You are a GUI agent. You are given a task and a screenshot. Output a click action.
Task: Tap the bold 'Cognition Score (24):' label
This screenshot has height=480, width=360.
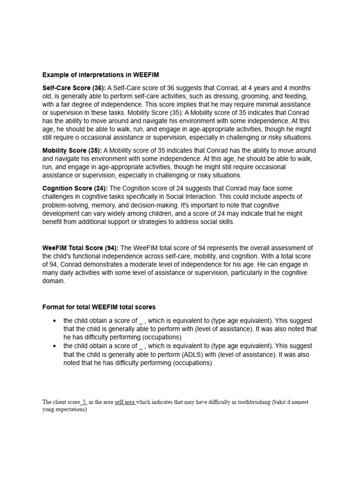75,188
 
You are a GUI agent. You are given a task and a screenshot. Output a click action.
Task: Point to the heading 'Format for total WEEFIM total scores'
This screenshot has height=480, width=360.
99,307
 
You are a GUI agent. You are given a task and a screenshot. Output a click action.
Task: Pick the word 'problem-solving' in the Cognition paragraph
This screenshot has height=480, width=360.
66,205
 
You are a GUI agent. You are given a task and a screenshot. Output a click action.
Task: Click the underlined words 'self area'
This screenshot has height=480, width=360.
125,402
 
